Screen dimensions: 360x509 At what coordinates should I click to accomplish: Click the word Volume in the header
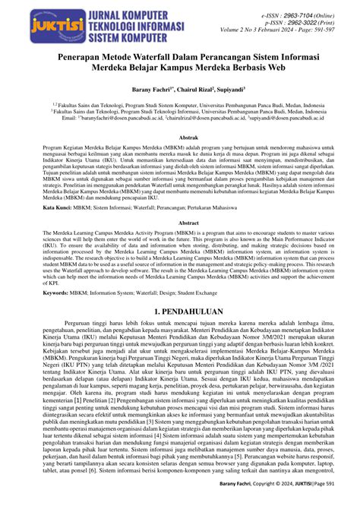pos(237,33)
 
